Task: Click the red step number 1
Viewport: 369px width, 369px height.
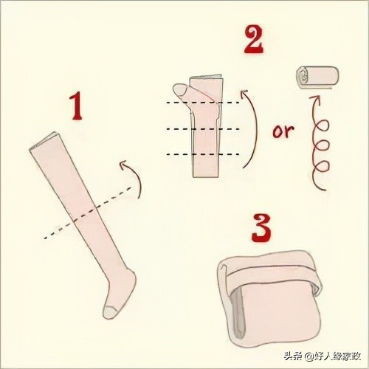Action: click(x=76, y=106)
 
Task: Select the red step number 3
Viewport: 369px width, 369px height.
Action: click(x=261, y=228)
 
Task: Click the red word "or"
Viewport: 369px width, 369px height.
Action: click(x=283, y=131)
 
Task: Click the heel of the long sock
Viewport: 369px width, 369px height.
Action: click(x=132, y=276)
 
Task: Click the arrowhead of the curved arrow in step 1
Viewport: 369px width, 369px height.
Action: click(x=124, y=165)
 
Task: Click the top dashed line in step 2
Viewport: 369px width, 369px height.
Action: click(x=203, y=103)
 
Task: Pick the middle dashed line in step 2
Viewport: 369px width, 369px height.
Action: click(x=203, y=128)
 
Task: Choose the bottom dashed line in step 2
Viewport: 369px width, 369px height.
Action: click(x=203, y=154)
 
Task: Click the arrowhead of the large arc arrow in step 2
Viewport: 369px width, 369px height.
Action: click(x=244, y=94)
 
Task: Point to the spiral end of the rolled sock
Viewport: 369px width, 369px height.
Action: click(x=303, y=75)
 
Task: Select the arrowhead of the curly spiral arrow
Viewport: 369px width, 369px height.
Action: click(x=315, y=99)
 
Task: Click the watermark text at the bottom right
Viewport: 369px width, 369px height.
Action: click(x=323, y=356)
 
